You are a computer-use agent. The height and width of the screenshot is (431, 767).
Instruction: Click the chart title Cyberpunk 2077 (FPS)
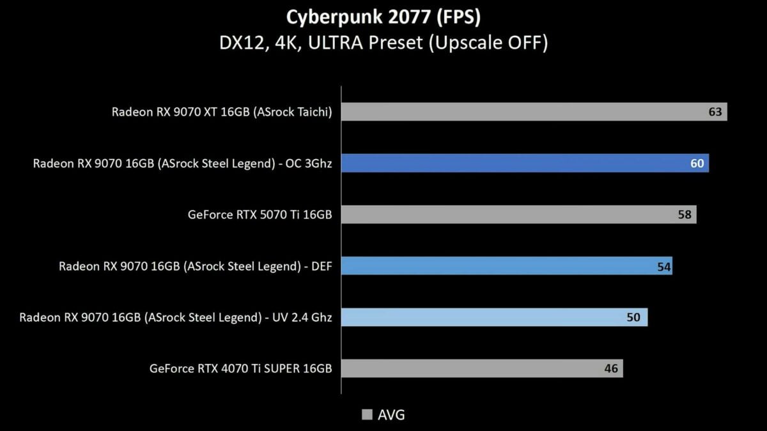(383, 15)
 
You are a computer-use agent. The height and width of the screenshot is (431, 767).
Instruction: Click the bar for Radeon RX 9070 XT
(534, 112)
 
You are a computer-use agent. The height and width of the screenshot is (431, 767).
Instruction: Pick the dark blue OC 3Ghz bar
(524, 163)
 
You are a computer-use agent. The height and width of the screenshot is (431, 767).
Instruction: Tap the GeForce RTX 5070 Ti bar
(518, 215)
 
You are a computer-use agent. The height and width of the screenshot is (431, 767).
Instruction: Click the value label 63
(715, 112)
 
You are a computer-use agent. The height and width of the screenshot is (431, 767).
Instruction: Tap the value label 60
(697, 163)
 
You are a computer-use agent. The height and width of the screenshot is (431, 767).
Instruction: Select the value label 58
(685, 215)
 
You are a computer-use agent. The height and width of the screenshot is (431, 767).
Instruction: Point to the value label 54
(664, 266)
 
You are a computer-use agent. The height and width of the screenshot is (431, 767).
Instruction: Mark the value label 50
(633, 317)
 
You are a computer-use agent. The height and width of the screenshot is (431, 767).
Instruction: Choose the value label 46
(611, 368)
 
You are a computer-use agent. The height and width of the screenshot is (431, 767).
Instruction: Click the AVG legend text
(391, 415)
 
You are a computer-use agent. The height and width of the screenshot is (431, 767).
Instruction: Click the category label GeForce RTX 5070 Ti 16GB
(260, 215)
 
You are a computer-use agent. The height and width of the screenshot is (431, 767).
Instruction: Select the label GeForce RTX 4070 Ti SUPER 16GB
(240, 368)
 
